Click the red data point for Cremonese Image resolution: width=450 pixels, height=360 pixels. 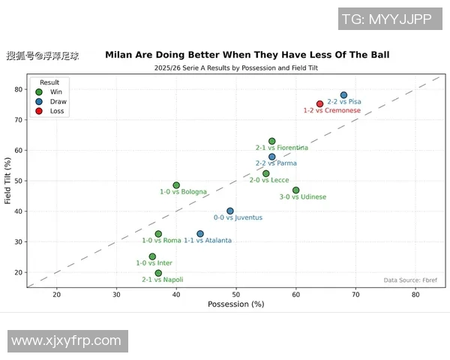[319, 104]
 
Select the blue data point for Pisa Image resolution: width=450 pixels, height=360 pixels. [343, 95]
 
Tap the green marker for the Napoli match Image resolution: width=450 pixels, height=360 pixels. [158, 274]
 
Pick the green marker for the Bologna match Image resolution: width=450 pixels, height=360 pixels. [176, 185]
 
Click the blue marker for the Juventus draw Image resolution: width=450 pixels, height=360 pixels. [230, 211]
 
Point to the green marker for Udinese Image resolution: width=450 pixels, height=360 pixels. [295, 190]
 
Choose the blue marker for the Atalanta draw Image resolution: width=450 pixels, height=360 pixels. [200, 234]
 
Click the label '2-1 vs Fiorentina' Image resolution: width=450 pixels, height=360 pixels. [281, 148]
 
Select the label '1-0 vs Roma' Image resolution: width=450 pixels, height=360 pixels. [161, 240]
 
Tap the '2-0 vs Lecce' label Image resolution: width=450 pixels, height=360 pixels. [269, 180]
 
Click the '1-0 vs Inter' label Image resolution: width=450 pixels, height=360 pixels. [154, 262]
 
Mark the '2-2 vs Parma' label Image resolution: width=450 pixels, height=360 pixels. [276, 163]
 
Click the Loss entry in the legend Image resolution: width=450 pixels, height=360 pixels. [57, 111]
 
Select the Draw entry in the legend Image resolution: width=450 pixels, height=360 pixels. [58, 101]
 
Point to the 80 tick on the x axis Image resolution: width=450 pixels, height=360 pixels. [415, 295]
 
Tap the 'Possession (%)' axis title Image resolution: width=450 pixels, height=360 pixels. [235, 304]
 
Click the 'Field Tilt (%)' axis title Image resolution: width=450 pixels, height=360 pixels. [7, 181]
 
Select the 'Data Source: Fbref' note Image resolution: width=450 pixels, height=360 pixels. [410, 280]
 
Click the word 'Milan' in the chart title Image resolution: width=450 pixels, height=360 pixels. [121, 55]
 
